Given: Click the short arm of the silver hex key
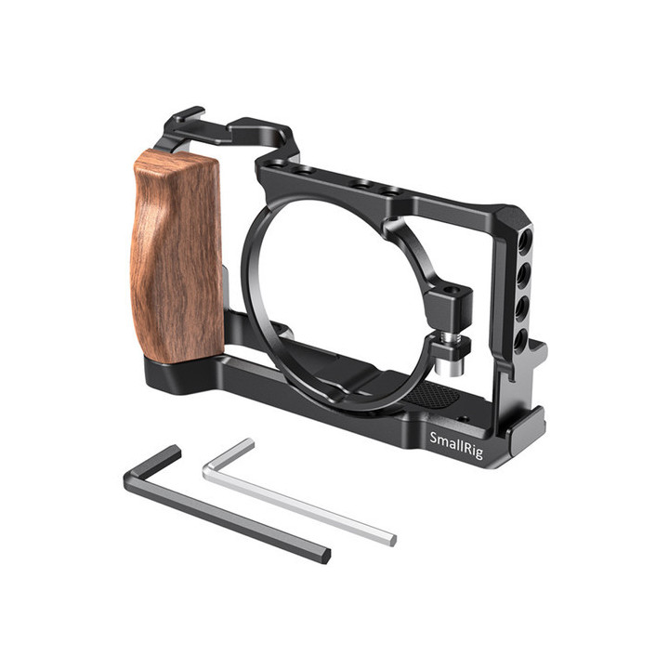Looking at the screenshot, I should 227,454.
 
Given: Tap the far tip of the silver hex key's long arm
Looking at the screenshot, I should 390,539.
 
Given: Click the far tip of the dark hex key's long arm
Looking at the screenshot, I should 324,555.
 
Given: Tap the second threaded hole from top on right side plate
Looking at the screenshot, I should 523,272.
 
